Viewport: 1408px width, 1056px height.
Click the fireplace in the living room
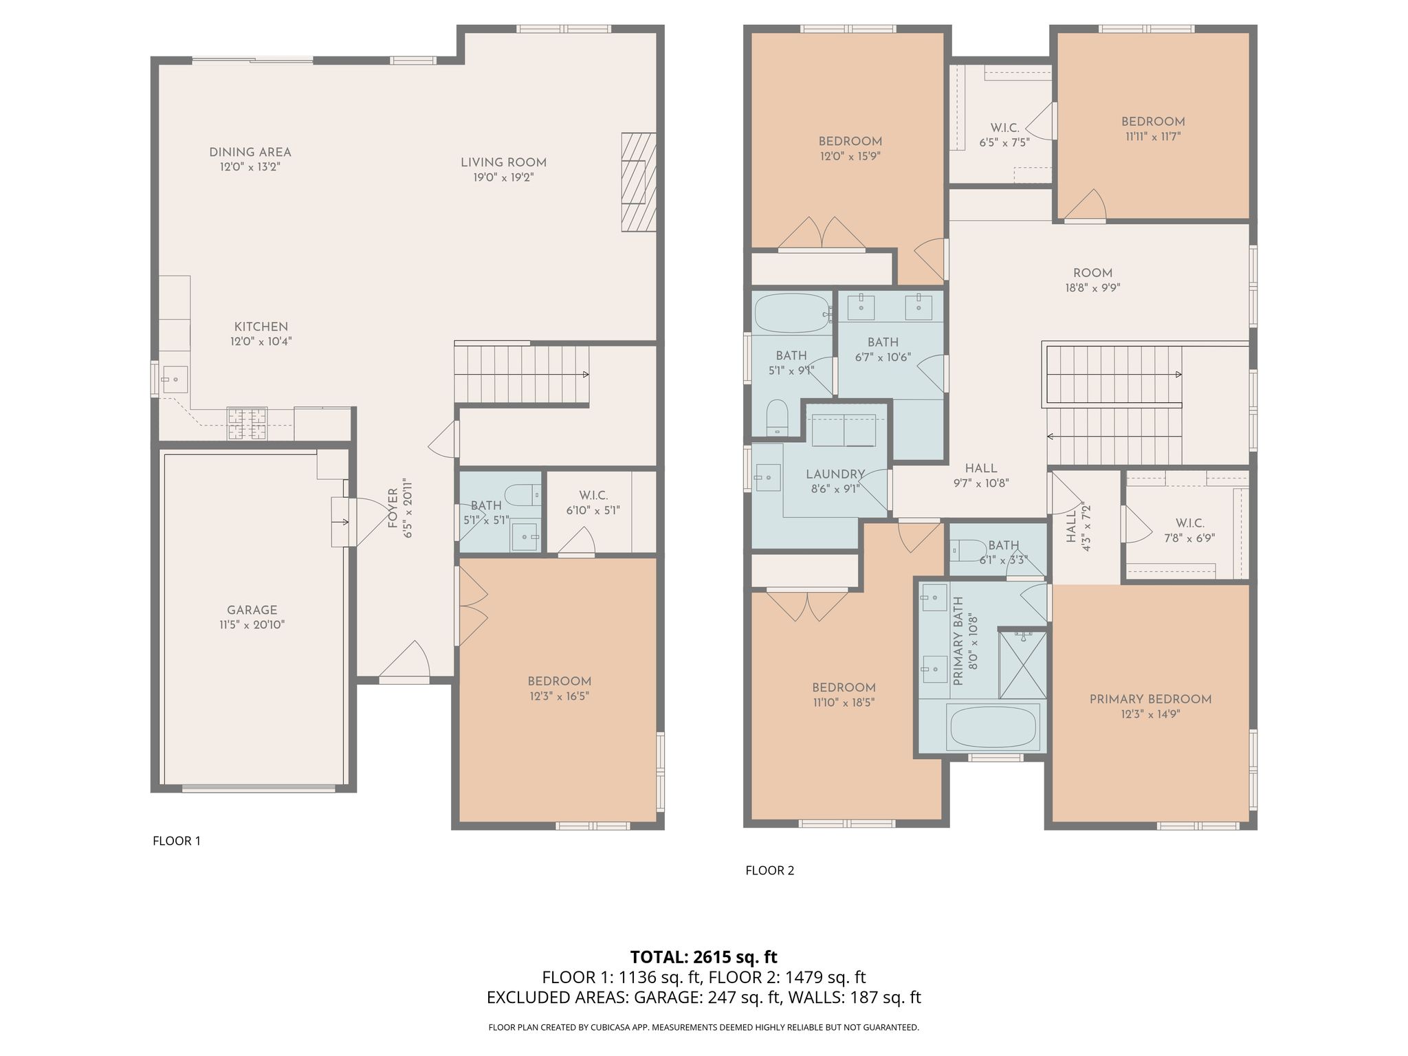coord(639,182)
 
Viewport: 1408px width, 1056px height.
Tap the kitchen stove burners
coord(247,423)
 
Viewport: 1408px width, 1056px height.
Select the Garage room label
coord(252,610)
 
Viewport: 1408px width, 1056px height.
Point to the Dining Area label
coord(250,152)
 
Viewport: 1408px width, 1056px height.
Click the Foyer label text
coord(393,509)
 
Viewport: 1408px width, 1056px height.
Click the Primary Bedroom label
coord(1150,699)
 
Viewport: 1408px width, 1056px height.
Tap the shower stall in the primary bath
coord(1022,663)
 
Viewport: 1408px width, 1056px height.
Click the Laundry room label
coord(835,474)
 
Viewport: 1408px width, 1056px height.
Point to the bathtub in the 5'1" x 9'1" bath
coord(790,313)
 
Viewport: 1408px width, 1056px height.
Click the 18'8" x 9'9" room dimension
coord(1092,288)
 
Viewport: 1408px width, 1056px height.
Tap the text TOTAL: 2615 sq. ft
coord(704,956)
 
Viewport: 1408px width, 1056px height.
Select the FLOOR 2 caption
coord(769,870)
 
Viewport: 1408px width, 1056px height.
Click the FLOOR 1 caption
coord(177,841)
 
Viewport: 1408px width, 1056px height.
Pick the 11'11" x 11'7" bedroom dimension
coord(1152,136)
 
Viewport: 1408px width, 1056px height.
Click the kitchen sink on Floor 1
coord(175,379)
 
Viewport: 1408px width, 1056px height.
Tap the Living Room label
coord(503,162)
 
